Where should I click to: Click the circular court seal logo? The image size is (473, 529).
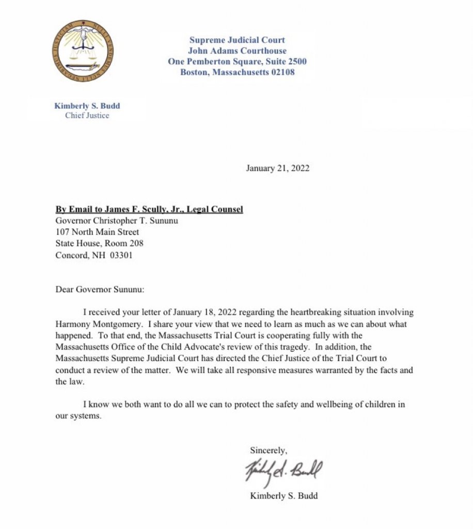pyautogui.click(x=83, y=52)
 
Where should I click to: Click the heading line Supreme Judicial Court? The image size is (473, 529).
pyautogui.click(x=237, y=40)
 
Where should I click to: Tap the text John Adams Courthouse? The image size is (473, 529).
pyautogui.click(x=237, y=51)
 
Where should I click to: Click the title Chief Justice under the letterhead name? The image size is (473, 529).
pyautogui.click(x=87, y=115)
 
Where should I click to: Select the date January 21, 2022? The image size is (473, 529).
pyautogui.click(x=277, y=168)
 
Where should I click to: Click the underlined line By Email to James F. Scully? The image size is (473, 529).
pyautogui.click(x=149, y=209)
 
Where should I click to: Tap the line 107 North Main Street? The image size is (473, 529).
pyautogui.click(x=97, y=232)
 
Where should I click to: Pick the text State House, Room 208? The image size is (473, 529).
pyautogui.click(x=100, y=243)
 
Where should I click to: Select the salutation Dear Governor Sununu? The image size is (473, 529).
pyautogui.click(x=100, y=289)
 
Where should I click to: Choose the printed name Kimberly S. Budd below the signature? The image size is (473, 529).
pyautogui.click(x=283, y=496)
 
